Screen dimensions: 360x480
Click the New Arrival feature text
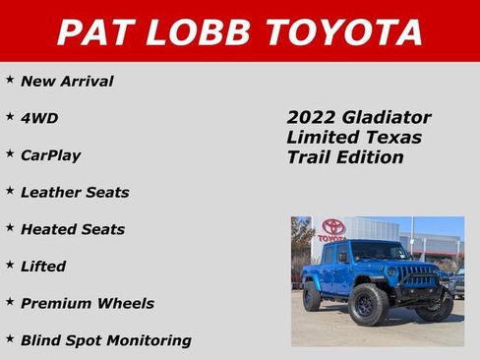click(67, 82)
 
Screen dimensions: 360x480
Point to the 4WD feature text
click(39, 118)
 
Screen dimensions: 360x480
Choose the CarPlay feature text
click(51, 155)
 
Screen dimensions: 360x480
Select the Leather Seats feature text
click(75, 192)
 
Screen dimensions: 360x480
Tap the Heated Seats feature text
click(73, 229)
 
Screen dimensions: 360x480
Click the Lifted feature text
click(43, 267)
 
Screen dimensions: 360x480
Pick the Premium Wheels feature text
click(88, 303)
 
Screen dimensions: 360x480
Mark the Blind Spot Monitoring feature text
click(106, 340)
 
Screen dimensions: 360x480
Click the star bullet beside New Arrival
click(10, 79)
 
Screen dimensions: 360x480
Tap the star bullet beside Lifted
click(10, 264)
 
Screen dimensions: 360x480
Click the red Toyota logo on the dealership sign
click(333, 227)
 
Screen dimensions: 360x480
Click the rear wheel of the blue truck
click(312, 296)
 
